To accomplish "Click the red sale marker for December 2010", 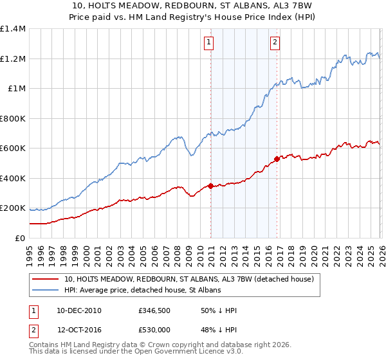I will pos(210,186).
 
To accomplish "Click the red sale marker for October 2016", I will pos(277,159).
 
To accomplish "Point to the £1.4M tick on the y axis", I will pos(12,29).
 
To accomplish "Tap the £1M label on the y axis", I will pos(16,89).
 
